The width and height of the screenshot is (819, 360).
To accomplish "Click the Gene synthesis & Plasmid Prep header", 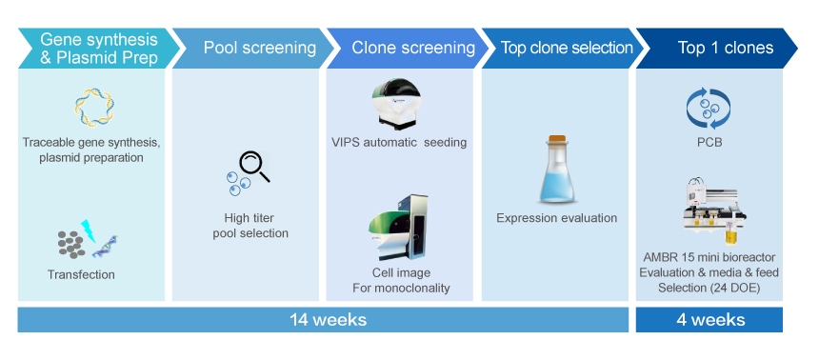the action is coord(99,48).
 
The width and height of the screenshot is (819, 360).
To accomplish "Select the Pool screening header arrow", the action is coord(253,48).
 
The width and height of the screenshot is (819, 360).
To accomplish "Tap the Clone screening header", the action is coord(408,48).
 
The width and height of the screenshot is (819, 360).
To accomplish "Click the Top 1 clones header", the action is coord(717,48).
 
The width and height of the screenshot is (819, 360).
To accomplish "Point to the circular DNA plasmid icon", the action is coord(94,108).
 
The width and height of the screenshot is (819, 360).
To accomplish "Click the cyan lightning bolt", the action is coord(89,230).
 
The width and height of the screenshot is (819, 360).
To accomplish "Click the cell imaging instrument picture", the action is coord(397,228).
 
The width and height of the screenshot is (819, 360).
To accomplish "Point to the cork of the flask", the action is coord(556,138).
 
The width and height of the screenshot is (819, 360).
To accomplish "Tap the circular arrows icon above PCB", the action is coord(709,109).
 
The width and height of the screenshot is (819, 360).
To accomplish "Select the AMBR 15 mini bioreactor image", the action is coord(715,211).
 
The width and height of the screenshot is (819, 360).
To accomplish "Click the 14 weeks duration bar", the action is coord(324,319).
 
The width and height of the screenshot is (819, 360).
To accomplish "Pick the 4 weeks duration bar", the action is coord(709,319).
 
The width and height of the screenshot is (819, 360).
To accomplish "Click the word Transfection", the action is coord(81,274).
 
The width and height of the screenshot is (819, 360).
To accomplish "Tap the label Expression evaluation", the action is coord(557,218).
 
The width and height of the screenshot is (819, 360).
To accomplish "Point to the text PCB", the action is coord(709,142).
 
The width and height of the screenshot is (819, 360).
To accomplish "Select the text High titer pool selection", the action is coord(250,225).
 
